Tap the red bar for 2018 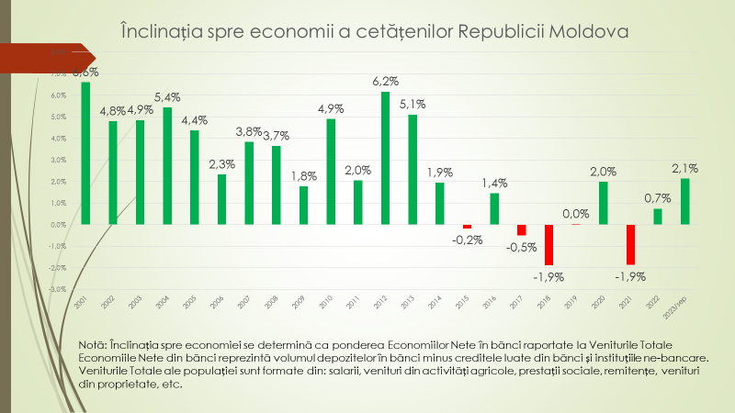[548, 244]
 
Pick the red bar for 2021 [630, 244]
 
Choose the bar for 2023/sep [684, 201]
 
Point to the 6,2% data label [386, 81]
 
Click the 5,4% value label [167, 96]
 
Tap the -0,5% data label [521, 247]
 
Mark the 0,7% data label [657, 197]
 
